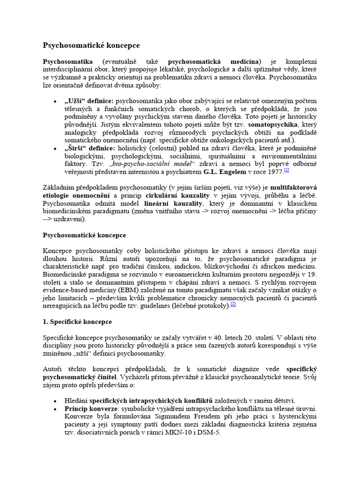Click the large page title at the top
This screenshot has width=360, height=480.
[x=91, y=45]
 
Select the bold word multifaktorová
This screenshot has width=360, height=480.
[x=292, y=187]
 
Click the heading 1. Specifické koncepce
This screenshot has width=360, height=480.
[x=77, y=322]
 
